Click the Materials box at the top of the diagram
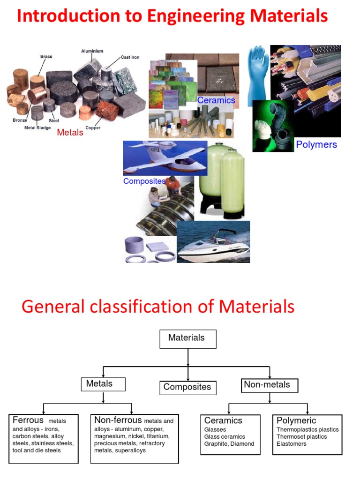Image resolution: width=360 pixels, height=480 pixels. [187, 338]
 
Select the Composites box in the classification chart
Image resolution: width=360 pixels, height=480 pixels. [187, 387]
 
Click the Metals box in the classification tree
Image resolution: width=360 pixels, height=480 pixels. [103, 384]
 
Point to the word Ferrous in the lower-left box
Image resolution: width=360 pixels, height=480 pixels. [28, 420]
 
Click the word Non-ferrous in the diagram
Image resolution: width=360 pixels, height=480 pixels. [118, 420]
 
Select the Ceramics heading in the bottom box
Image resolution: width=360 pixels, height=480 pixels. [223, 420]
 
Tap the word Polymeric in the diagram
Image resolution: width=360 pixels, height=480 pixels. [296, 420]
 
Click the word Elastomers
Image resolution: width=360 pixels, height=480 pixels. [292, 444]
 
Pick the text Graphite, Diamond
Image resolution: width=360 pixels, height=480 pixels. [229, 444]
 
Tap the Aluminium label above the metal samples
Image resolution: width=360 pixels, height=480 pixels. [92, 51]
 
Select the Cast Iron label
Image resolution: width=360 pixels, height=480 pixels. [130, 57]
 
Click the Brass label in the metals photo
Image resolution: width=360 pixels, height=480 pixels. [46, 56]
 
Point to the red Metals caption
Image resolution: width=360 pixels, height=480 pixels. [70, 133]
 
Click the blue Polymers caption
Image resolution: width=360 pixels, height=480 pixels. [316, 144]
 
